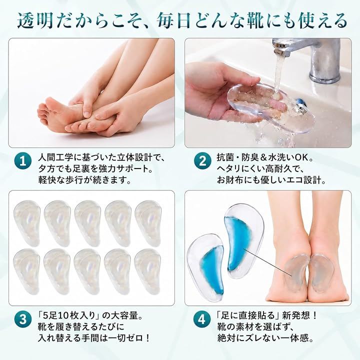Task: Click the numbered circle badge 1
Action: [x=23, y=161]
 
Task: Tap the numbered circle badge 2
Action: [x=202, y=161]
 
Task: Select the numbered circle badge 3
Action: [x=23, y=319]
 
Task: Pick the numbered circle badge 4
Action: [x=202, y=319]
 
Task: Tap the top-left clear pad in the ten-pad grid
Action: [x=27, y=222]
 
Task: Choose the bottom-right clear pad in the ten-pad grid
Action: [x=147, y=271]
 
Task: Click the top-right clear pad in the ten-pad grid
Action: [x=148, y=223]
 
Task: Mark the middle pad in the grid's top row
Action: [x=87, y=223]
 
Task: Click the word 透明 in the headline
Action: [x=35, y=21]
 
